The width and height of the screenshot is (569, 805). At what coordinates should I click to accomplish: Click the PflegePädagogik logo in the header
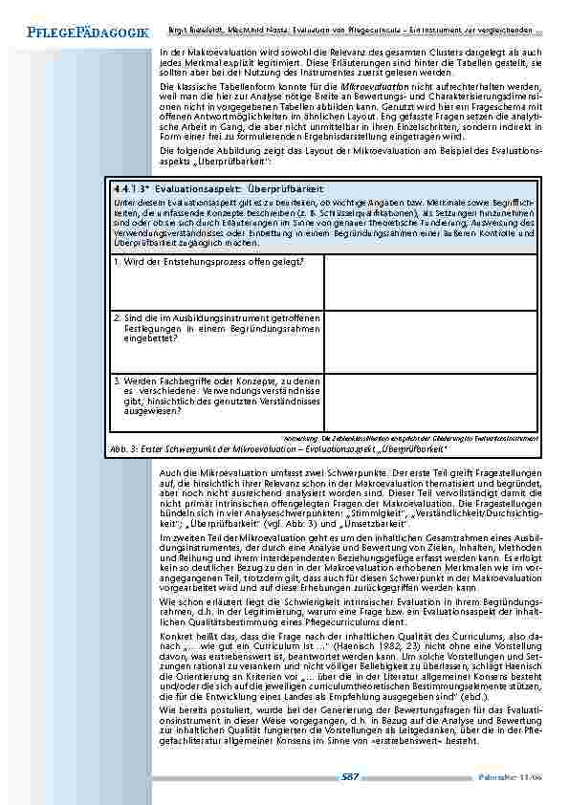75,33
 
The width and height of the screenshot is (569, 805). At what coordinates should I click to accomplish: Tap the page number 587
350,777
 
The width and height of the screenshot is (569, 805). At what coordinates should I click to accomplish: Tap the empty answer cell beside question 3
429,402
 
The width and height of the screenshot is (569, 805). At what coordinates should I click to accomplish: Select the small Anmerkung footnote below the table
410,437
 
